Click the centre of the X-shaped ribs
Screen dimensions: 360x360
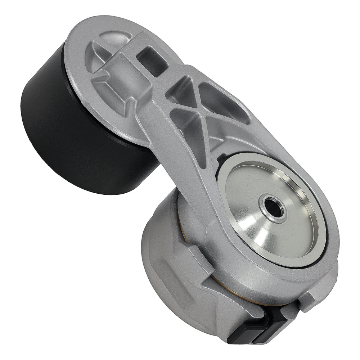pos(196,108)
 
